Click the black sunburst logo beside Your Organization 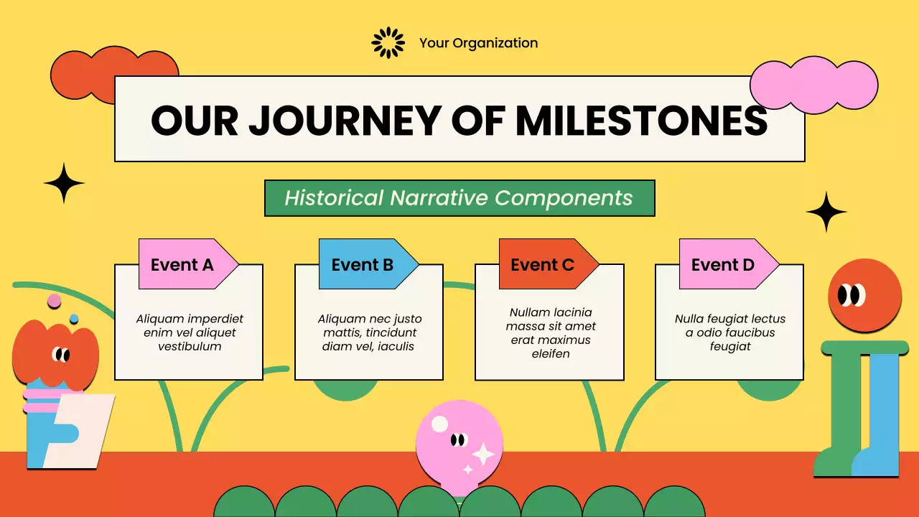pos(388,43)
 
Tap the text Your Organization pos(478,43)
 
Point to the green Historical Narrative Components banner pos(459,198)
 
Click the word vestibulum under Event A pos(190,346)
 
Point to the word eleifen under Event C pos(550,353)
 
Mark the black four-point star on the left pos(64,183)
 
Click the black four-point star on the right pos(826,211)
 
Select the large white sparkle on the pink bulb pos(483,454)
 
